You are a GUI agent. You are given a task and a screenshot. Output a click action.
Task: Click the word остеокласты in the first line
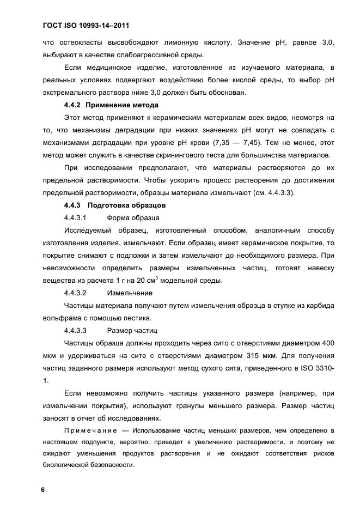[82, 42]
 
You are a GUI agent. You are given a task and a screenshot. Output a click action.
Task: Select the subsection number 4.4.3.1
[76, 218]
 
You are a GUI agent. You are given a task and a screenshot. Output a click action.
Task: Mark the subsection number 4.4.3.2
[76, 293]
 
